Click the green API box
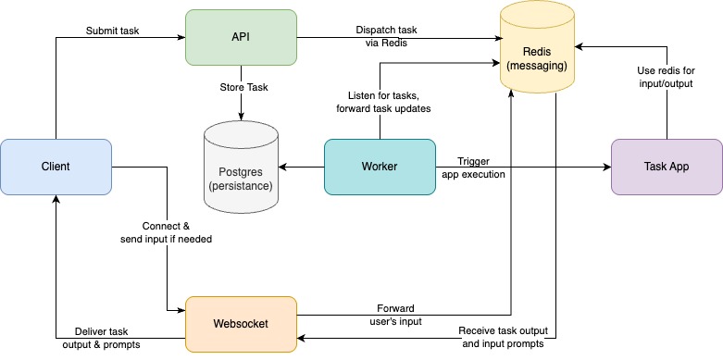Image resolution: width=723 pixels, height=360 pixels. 241,37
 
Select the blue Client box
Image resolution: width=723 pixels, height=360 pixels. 56,167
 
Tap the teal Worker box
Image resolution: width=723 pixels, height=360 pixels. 380,167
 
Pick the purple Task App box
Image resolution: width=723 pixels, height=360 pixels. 667,167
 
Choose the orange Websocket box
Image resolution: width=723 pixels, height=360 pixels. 241,324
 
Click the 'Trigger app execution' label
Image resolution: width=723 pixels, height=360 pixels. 474,167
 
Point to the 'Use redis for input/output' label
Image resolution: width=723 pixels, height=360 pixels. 666,77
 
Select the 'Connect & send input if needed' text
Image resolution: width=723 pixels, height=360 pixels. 167,232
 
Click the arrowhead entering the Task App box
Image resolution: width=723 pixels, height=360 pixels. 606,168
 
